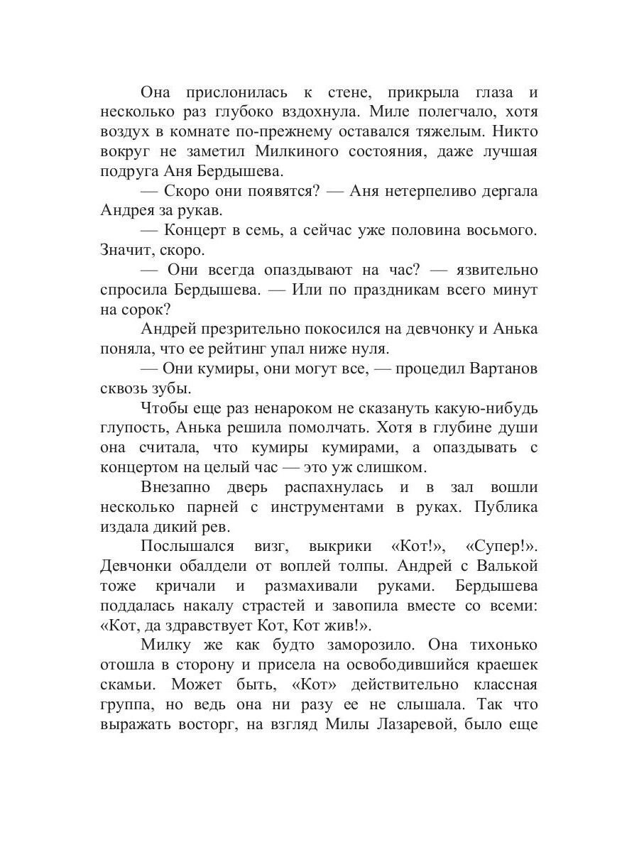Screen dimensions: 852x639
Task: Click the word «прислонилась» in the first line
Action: (x=236, y=93)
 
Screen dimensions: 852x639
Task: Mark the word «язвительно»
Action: (x=483, y=271)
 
